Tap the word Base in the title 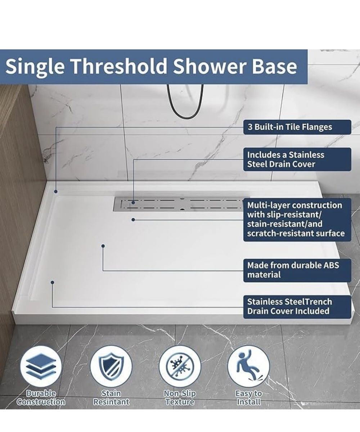pyautogui.click(x=275, y=66)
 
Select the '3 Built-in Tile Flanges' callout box pyautogui.click(x=297, y=127)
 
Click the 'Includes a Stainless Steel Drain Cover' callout pyautogui.click(x=297, y=159)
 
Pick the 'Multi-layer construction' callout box pyautogui.click(x=297, y=220)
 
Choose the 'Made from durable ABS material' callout pyautogui.click(x=297, y=270)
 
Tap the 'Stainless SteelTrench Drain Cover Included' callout pyautogui.click(x=297, y=307)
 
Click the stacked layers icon pyautogui.click(x=41, y=366)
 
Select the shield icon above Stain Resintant pyautogui.click(x=111, y=366)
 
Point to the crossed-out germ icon pyautogui.click(x=180, y=366)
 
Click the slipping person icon pyautogui.click(x=249, y=366)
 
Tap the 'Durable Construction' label pyautogui.click(x=41, y=398)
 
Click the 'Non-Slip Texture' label pyautogui.click(x=180, y=398)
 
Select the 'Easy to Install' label pyautogui.click(x=249, y=398)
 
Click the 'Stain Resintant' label pyautogui.click(x=111, y=398)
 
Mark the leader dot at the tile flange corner pyautogui.click(x=56, y=192)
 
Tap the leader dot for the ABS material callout pyautogui.click(x=103, y=246)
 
